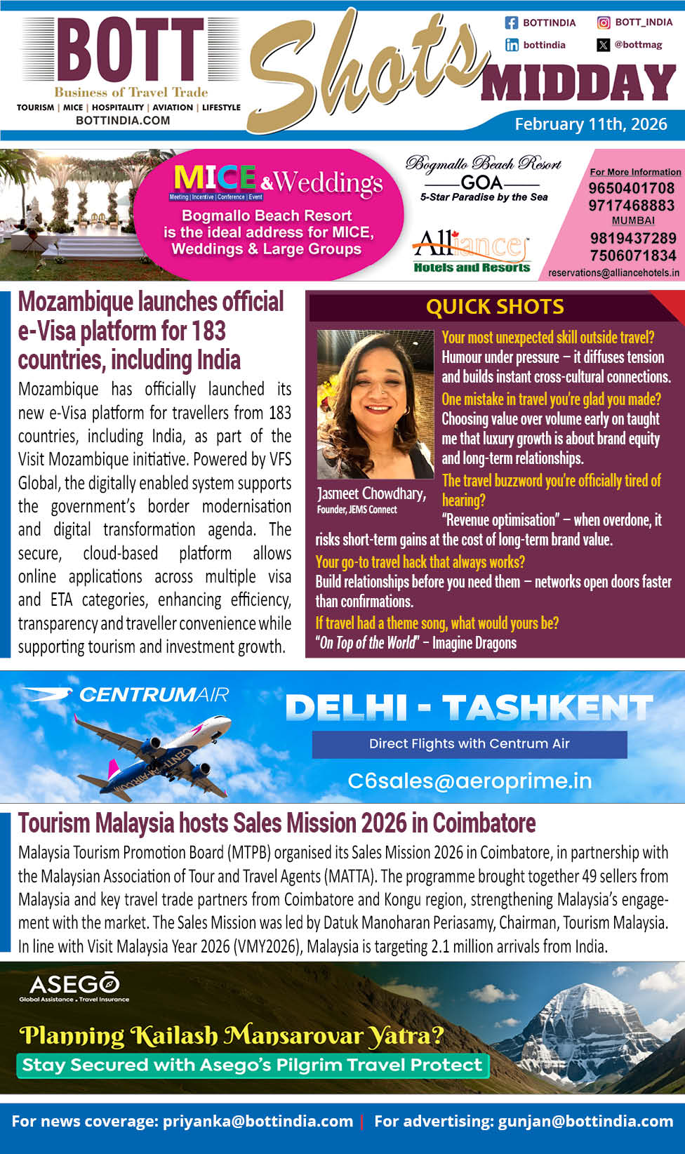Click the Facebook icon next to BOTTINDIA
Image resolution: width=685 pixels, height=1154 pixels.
point(512,22)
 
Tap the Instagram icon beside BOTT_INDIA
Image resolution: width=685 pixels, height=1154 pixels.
point(604,22)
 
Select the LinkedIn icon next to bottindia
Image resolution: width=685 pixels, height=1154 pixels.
point(512,45)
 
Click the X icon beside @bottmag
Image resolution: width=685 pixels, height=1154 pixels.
point(604,45)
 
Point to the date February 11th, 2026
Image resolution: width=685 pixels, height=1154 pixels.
point(591,124)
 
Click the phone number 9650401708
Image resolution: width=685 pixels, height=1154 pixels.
point(631,188)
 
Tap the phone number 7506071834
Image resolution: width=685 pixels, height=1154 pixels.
point(632,256)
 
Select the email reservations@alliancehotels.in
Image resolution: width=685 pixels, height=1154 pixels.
point(613,272)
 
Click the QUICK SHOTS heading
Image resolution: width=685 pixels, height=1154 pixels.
point(495,307)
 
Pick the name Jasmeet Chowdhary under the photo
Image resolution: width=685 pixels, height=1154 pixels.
point(371,493)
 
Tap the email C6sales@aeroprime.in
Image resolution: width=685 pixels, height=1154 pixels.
point(470,781)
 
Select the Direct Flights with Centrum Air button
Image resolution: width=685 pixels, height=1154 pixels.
point(470,744)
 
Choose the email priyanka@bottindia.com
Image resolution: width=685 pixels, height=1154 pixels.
point(258,1121)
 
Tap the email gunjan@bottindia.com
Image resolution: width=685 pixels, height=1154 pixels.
point(585,1121)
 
